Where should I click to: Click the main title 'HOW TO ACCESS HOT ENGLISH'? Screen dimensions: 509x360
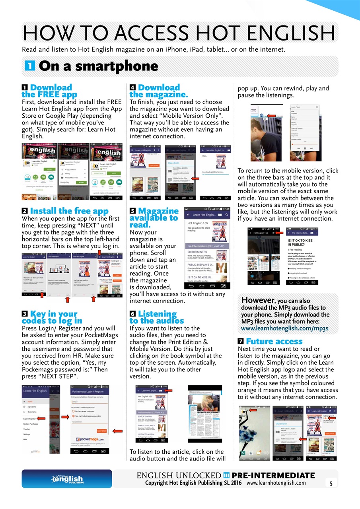[179, 33]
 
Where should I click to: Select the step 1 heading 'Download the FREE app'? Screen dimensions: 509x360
[50, 91]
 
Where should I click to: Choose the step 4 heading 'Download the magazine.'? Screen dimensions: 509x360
[158, 91]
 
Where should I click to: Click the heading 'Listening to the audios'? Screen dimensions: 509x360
[157, 317]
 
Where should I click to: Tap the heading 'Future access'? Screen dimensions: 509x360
[274, 341]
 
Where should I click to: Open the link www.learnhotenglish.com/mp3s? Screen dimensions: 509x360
[284, 328]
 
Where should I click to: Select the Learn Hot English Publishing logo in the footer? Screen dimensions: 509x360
[66, 479]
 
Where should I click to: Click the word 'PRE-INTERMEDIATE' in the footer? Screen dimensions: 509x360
[273, 476]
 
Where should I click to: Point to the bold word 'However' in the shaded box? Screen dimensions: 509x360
[257, 300]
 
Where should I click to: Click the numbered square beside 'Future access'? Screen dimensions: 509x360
[240, 342]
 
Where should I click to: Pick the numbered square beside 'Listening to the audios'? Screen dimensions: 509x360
[132, 314]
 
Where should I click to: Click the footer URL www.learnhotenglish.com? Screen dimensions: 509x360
[276, 483]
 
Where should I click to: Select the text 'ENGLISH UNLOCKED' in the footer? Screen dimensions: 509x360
[179, 476]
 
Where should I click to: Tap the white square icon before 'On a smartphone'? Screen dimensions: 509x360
[28, 66]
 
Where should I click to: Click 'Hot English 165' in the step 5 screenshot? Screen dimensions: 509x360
[198, 223]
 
